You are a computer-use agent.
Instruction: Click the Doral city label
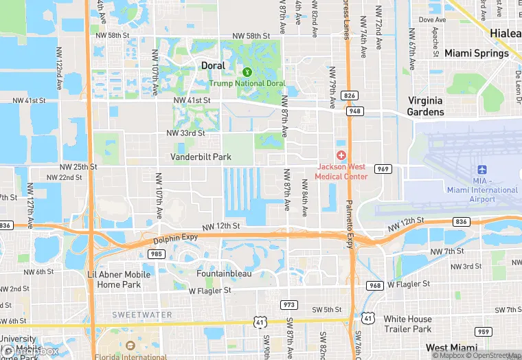213,65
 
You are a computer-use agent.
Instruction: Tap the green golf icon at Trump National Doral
247,71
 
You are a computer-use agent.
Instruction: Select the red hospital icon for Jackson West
341,156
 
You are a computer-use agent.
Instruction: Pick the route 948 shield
354,111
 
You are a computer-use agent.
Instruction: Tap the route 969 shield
383,168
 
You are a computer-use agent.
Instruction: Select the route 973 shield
288,304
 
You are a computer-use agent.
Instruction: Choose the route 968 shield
375,285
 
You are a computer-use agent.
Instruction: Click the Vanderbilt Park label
201,157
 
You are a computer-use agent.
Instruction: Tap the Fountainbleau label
224,273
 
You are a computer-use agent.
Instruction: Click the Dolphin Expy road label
175,238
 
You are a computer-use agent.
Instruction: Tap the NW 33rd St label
185,133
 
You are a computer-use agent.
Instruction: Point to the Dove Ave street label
431,20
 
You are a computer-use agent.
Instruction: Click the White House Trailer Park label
408,324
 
